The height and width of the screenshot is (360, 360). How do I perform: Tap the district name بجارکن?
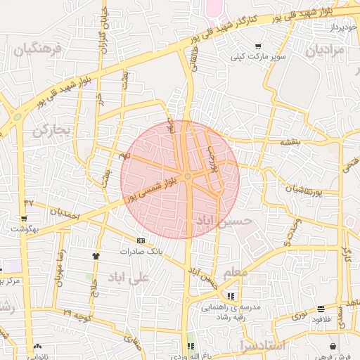[53, 130]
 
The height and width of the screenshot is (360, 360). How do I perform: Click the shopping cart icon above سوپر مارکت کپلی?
[259, 46]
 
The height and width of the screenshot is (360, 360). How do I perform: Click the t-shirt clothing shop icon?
[96, 256]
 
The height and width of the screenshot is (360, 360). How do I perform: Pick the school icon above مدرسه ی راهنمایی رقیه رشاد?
[231, 295]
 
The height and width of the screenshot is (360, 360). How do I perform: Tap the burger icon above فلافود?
[321, 309]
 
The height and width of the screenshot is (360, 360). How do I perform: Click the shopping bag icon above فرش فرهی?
[333, 346]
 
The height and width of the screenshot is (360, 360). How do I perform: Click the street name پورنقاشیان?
[304, 191]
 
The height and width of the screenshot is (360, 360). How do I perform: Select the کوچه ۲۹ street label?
[77, 311]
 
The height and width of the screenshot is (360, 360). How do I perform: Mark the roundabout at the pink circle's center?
[188, 176]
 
